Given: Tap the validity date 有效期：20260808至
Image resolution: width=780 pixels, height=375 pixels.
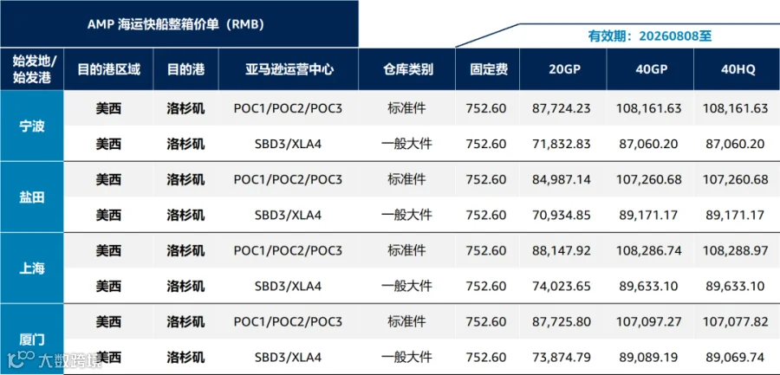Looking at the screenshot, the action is pos(650,36).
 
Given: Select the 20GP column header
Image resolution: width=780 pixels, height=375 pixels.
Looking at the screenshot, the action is pos(563,69).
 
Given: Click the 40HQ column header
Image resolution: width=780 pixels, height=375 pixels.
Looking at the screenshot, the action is pos(738,69).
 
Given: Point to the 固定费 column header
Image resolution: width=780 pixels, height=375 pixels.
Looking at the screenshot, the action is pos(489,69).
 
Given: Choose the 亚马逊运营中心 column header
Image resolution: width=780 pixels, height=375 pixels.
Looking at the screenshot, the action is pos(289,69).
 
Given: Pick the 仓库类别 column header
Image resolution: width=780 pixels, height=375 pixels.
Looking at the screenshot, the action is pos(407,69).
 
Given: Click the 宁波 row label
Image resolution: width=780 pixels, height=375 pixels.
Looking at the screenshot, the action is pos(32,126).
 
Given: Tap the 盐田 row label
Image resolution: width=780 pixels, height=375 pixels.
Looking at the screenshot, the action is pos(32,197).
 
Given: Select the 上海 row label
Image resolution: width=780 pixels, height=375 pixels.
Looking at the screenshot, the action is pos(32,268).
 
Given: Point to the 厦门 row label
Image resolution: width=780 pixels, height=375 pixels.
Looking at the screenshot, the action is pos(32,340).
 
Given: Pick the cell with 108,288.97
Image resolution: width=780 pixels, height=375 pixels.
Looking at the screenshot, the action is pos(736,250).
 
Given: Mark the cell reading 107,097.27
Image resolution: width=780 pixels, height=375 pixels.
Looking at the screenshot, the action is pos(648,322).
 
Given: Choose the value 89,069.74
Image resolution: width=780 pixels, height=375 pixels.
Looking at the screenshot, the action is pos(738,358).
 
